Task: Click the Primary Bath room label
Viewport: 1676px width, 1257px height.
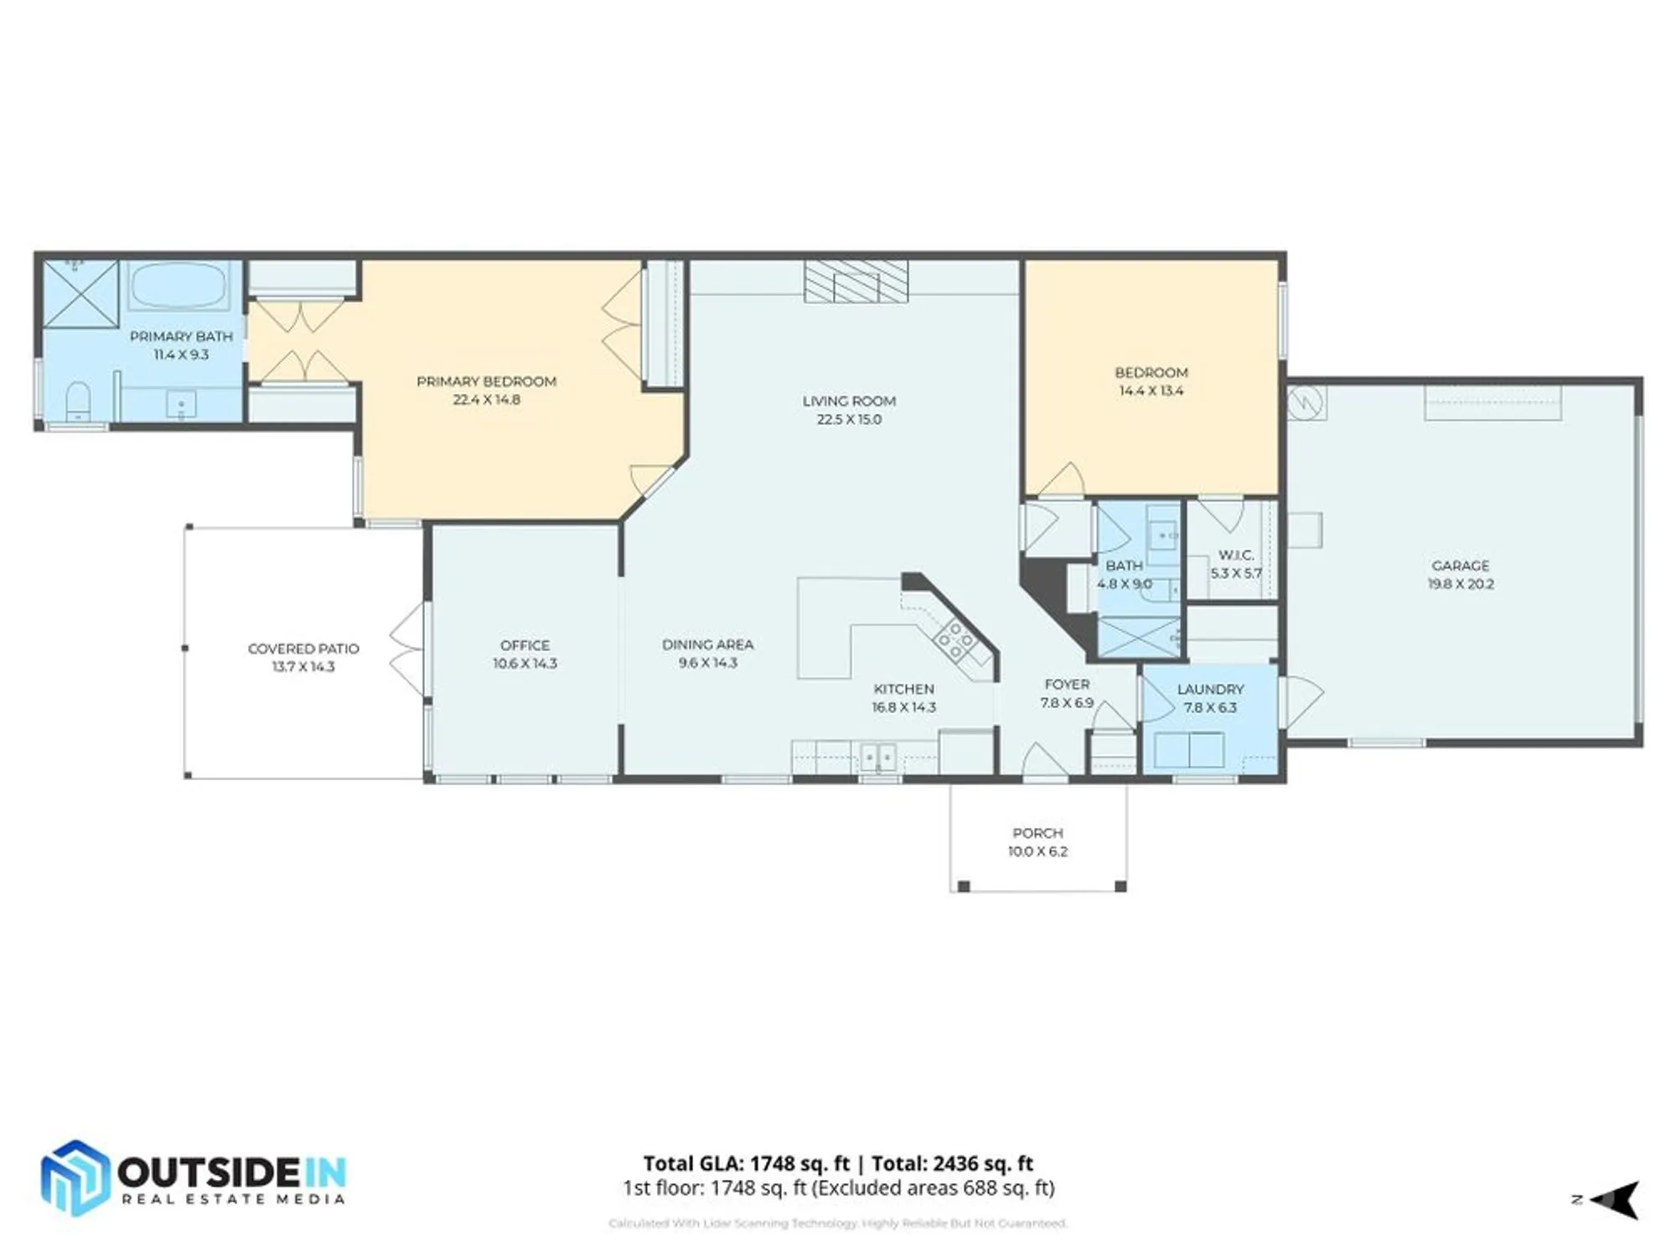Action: point(181,336)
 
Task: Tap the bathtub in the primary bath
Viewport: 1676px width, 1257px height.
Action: point(178,287)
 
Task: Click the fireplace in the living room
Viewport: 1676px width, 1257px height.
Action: point(856,281)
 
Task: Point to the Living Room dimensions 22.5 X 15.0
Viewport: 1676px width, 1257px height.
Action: point(849,420)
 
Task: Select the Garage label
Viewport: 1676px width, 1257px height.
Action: point(1460,566)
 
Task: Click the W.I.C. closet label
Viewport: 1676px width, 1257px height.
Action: point(1235,555)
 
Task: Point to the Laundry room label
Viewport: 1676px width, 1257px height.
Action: point(1210,689)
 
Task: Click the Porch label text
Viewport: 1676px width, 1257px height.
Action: point(1037,833)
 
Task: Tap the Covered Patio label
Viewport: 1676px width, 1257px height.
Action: point(303,649)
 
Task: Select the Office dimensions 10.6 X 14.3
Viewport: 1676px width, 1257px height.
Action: point(525,664)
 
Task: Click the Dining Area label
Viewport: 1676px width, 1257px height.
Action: point(707,644)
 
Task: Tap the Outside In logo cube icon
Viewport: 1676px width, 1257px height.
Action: point(75,1177)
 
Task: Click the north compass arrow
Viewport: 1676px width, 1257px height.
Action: point(1616,1200)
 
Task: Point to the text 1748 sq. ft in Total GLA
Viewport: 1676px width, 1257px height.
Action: point(799,1163)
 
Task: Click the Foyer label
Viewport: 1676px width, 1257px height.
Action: point(1067,685)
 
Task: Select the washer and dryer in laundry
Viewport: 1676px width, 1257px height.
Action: point(1188,750)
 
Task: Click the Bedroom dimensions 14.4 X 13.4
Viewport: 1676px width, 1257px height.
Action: point(1151,391)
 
